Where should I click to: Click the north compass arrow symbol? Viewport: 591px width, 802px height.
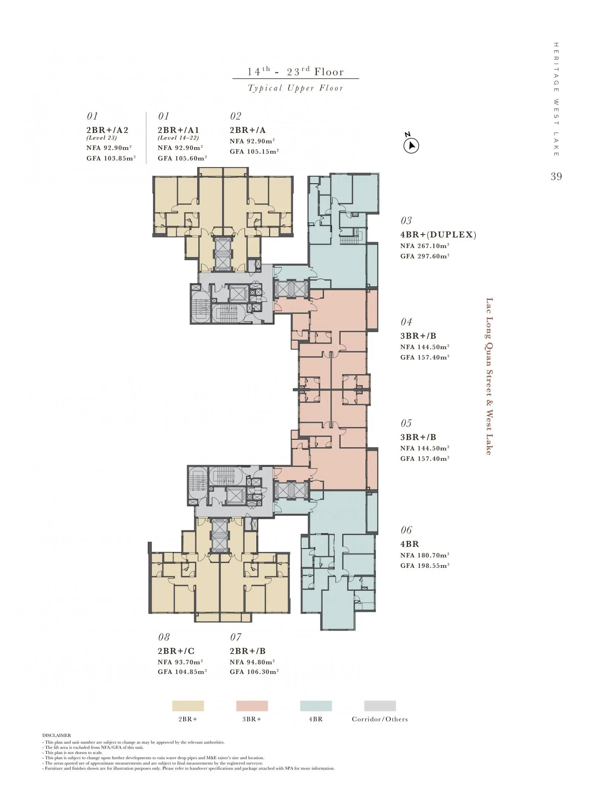coord(411,146)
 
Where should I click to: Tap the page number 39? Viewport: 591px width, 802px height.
coord(556,177)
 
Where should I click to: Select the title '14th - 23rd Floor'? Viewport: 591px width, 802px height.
coord(295,71)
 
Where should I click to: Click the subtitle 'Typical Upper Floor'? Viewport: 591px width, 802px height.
coord(295,88)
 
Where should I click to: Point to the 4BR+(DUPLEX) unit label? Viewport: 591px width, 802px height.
coord(438,235)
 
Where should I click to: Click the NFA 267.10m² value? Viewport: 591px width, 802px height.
coord(425,246)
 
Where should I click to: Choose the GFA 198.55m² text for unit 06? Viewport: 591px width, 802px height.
coord(425,566)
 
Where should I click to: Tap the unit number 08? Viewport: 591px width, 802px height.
coord(164,637)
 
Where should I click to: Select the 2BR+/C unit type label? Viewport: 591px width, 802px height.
coord(176,651)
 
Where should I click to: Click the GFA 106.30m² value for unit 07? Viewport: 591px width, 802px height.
coord(254,672)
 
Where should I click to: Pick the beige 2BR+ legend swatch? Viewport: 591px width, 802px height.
coord(188,706)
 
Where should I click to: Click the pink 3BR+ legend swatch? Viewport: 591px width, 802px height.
coord(252,706)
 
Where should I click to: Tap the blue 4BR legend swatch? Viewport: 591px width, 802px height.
coord(316,706)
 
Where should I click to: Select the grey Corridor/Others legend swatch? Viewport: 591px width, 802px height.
coord(380,706)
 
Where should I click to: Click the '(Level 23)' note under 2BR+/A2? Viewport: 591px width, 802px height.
coord(102,138)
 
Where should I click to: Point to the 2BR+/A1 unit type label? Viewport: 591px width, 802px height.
coord(178,130)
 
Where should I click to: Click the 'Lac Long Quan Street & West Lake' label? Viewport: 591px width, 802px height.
coord(489,376)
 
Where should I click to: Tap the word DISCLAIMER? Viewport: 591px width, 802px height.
coord(57,736)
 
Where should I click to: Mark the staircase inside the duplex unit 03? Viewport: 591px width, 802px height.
coord(347,240)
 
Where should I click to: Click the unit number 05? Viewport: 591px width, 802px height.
coord(406,423)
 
